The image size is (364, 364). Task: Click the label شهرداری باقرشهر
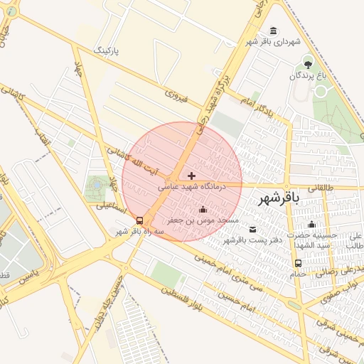point(269,43)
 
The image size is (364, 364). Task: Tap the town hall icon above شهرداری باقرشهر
point(274,31)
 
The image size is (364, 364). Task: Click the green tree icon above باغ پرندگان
point(308,63)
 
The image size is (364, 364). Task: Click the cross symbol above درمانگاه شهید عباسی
point(191,175)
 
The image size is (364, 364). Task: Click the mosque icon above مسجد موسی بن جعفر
point(203,209)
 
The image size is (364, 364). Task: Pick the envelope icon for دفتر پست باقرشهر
point(253,228)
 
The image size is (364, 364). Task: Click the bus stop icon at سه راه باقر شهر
point(139,220)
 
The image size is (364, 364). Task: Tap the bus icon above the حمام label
point(297,263)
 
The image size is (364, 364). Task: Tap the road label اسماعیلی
point(112,208)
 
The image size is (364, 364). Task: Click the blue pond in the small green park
point(95,186)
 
